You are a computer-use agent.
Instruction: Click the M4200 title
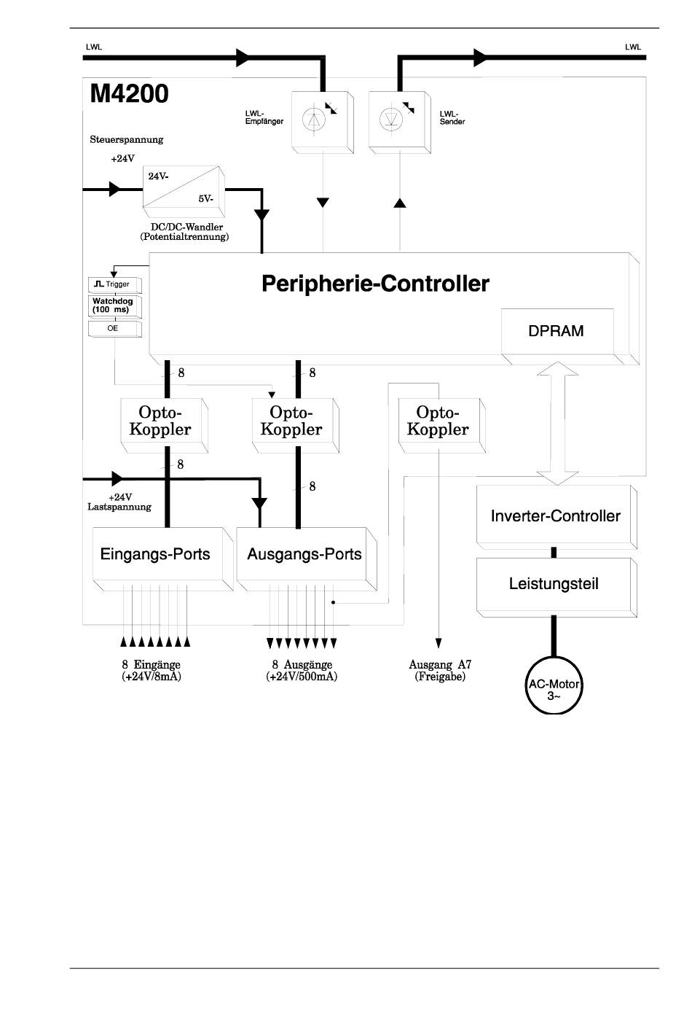tap(129, 93)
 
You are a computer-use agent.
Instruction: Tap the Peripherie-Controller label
tap(375, 284)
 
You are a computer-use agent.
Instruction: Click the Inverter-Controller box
tap(556, 517)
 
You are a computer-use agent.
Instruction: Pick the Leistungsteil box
tap(556, 587)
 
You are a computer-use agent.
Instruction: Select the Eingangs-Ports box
tap(162, 558)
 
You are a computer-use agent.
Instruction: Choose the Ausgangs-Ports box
tap(307, 558)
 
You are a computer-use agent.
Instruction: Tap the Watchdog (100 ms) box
tap(114, 306)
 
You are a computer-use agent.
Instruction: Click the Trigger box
tap(114, 285)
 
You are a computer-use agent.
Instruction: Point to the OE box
tap(114, 329)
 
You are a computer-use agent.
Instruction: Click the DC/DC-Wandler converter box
tap(184, 192)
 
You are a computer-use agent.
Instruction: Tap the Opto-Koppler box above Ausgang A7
tap(442, 425)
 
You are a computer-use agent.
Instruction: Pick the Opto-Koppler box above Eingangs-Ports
tap(165, 425)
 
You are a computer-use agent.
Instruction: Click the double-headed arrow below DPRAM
tap(557, 424)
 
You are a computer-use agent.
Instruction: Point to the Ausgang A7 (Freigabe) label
tap(440, 671)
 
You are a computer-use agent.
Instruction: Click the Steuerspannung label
tap(127, 139)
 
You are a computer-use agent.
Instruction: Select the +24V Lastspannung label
tap(119, 502)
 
